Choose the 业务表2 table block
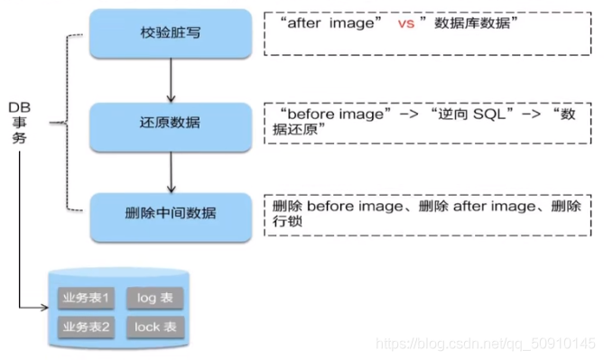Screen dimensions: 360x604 click(x=86, y=326)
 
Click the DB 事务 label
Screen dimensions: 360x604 click(x=20, y=124)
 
